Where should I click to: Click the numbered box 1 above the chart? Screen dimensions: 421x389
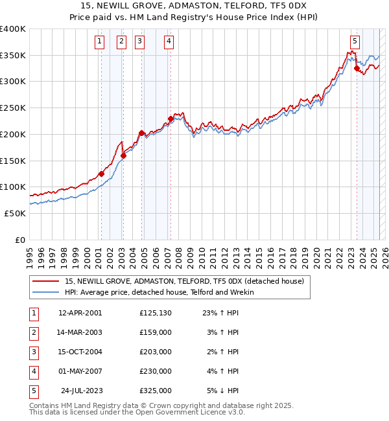pyautogui.click(x=100, y=41)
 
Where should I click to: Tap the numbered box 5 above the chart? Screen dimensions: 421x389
pyautogui.click(x=355, y=41)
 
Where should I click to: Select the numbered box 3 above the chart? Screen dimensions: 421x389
pyautogui.click(x=140, y=41)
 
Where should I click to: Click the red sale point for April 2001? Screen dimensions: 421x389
pyautogui.click(x=101, y=174)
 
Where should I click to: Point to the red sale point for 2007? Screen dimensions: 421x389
pyautogui.click(x=171, y=119)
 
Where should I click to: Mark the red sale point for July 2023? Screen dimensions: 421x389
pyautogui.click(x=357, y=68)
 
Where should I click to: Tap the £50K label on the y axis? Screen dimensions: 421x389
pyautogui.click(x=15, y=213)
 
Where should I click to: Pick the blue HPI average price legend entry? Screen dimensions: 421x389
pyautogui.click(x=159, y=292)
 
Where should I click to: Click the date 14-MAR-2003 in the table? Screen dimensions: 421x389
pyautogui.click(x=80, y=332)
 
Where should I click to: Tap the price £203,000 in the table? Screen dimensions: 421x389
pyautogui.click(x=155, y=352)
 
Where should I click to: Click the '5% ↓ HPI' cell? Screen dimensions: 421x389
pyautogui.click(x=223, y=391)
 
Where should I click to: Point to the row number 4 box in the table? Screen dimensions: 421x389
pyautogui.click(x=33, y=371)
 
